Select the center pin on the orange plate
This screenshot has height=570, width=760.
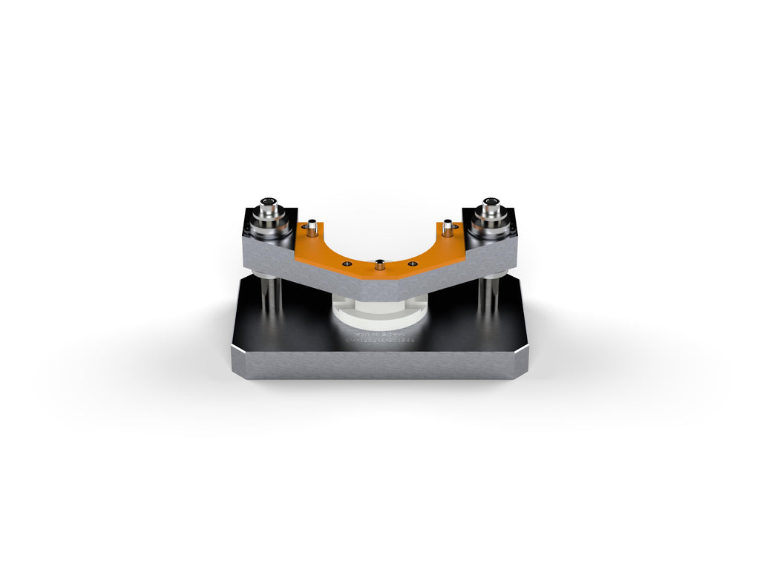point(380,263)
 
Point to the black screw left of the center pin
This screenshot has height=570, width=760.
point(347,263)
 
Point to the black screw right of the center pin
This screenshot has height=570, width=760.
point(413,263)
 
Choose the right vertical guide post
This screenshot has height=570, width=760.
point(488,295)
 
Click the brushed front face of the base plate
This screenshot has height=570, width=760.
point(379,365)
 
